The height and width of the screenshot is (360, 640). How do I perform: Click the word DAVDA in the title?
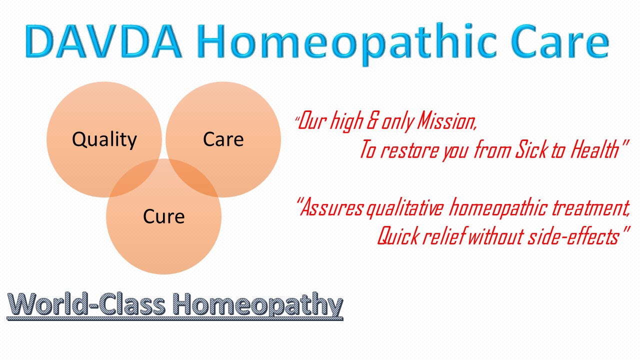[103, 41]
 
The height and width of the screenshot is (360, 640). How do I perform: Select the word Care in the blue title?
[560, 41]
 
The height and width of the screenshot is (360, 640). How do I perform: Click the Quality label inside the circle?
[104, 140]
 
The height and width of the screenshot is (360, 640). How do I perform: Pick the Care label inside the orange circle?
[223, 139]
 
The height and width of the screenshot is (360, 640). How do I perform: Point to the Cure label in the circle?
[163, 216]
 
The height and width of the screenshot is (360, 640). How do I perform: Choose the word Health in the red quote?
[595, 149]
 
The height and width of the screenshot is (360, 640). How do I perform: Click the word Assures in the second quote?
[332, 207]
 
